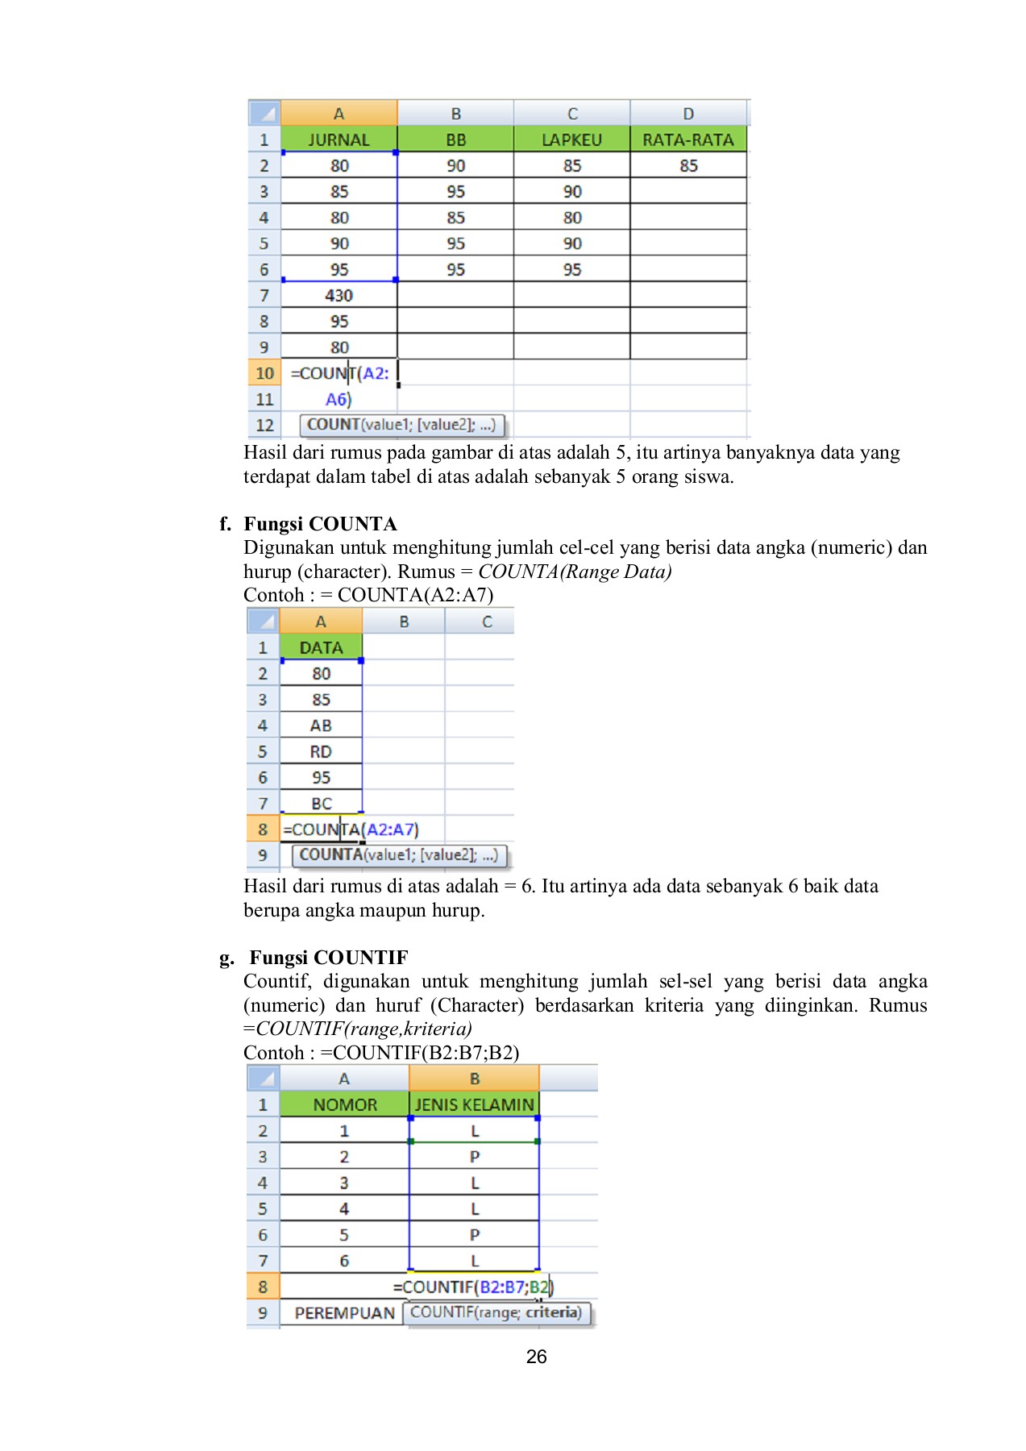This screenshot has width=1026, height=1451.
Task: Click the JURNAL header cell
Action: [339, 139]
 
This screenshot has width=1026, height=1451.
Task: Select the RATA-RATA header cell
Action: [687, 139]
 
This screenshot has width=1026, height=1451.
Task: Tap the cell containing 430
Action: [339, 295]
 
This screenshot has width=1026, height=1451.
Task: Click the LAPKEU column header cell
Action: [571, 139]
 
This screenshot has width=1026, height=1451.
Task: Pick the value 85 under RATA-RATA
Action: [687, 165]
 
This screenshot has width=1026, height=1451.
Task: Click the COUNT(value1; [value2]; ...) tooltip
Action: [401, 424]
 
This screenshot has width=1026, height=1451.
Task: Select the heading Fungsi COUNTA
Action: [320, 524]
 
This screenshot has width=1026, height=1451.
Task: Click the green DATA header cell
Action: [321, 647]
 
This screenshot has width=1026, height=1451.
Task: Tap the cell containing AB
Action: [321, 725]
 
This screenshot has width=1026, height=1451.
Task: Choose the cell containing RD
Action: [321, 751]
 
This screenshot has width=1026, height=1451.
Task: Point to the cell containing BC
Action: [321, 804]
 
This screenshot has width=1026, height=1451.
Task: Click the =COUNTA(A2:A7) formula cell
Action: [351, 829]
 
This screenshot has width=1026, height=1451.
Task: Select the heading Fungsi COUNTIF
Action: [328, 958]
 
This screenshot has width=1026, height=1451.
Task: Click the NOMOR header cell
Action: [345, 1104]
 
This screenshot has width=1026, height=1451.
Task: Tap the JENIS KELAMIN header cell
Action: [474, 1104]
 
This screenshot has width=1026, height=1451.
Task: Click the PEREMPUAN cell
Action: [344, 1312]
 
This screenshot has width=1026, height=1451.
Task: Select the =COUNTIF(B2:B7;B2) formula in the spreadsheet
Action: [473, 1287]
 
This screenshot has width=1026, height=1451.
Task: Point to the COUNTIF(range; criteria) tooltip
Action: [496, 1312]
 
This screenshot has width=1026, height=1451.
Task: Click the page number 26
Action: [536, 1357]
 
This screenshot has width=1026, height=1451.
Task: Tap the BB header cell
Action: [455, 139]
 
